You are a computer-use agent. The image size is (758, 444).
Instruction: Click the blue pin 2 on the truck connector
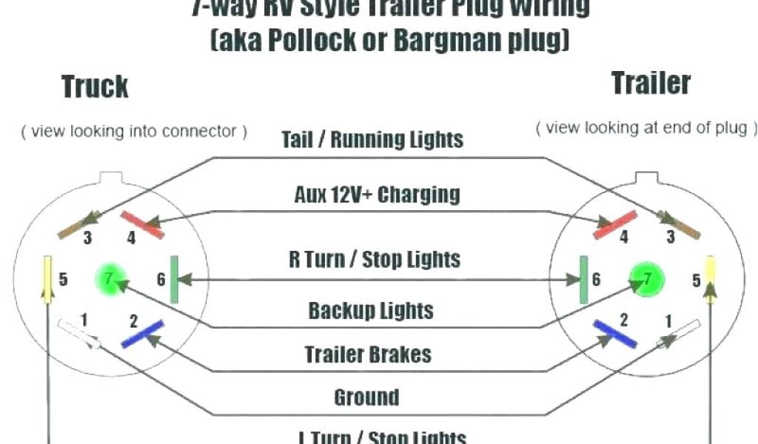142,334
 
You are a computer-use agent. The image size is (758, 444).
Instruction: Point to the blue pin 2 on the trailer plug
614,334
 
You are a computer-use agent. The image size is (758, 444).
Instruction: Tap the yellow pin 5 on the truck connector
47,279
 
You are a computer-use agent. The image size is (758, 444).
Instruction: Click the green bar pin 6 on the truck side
174,279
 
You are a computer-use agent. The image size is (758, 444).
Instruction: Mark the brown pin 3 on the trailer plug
679,224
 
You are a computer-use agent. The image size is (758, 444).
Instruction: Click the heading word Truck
95,87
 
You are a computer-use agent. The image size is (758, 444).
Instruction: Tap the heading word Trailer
651,83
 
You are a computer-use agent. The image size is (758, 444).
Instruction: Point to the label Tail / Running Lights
372,139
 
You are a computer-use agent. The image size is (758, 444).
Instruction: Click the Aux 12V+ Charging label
377,195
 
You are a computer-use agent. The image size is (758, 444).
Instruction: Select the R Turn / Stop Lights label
374,259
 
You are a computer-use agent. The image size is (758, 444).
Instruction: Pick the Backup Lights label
371,310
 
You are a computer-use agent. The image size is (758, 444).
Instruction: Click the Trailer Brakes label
368,354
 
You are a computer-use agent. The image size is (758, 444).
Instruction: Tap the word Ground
366,397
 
